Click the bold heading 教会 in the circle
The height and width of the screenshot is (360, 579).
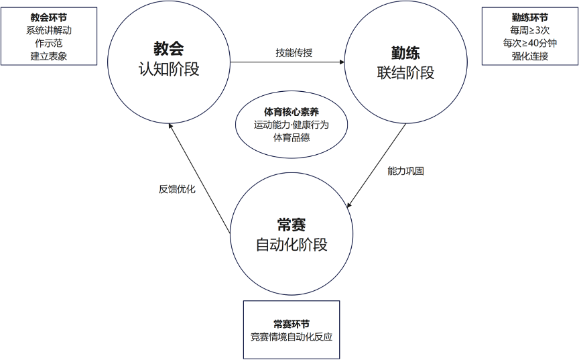tap(168, 48)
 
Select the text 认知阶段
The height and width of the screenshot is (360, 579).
tap(168, 69)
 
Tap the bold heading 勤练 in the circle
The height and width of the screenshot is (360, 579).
tap(405, 52)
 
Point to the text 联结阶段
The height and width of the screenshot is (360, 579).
tap(405, 73)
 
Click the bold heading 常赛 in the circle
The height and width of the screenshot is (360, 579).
tap(292, 224)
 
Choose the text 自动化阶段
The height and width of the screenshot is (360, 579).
tap(292, 245)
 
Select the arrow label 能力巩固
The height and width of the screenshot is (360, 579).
tap(405, 171)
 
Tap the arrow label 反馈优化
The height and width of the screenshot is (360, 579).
tap(177, 189)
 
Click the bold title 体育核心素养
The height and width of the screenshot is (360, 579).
tap(292, 111)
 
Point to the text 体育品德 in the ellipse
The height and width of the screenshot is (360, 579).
tap(292, 137)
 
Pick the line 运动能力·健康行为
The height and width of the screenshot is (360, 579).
tap(292, 125)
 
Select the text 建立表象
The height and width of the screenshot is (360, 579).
tap(49, 56)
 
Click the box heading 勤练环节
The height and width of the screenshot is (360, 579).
tap(529, 17)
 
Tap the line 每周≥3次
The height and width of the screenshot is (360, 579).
tap(529, 30)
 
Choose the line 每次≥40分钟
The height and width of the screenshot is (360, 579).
tap(529, 43)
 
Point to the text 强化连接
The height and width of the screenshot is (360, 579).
tap(529, 56)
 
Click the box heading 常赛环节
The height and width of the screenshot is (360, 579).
tap(291, 323)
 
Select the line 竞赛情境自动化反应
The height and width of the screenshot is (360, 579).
tap(291, 336)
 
